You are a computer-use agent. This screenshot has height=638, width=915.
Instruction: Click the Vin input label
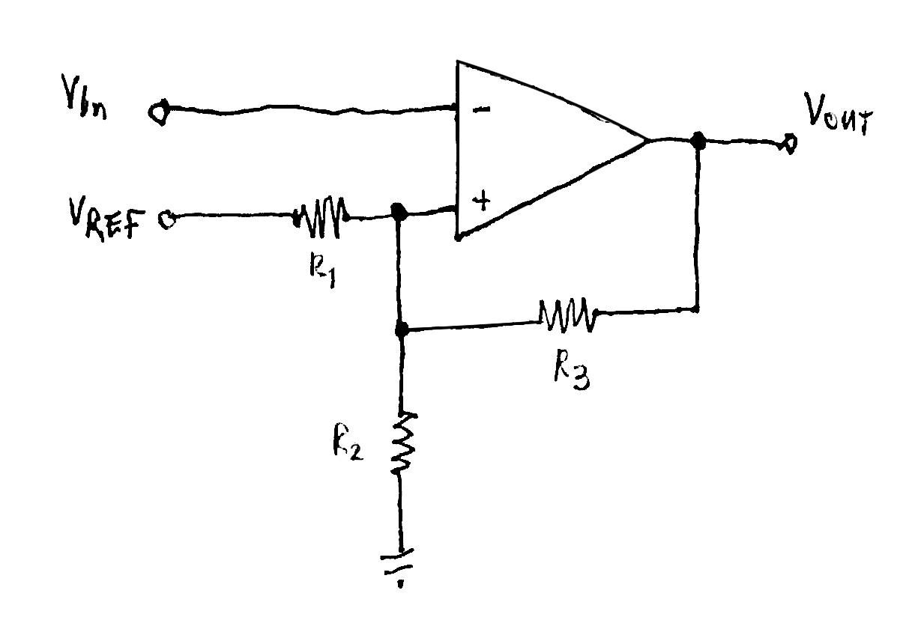click(84, 106)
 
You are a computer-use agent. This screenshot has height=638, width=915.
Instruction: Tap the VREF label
click(108, 220)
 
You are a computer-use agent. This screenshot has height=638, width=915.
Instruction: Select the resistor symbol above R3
click(568, 315)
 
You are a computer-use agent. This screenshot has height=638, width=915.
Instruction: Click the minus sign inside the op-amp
click(481, 110)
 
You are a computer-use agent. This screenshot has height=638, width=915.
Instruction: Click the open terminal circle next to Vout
click(788, 143)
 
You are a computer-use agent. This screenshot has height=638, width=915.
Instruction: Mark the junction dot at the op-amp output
click(698, 139)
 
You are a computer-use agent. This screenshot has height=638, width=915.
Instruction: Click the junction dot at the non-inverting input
click(399, 213)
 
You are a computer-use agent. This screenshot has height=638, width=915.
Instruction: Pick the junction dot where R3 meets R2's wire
click(402, 329)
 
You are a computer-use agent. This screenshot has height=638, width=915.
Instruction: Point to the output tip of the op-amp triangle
click(646, 140)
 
